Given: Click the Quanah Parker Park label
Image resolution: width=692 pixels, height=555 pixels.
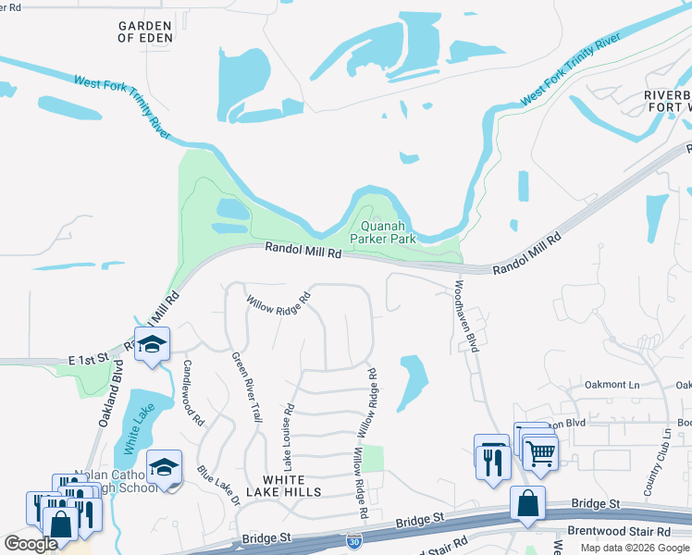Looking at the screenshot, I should coord(382,230).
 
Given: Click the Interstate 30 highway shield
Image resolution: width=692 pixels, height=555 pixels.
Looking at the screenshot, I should coord(354,539).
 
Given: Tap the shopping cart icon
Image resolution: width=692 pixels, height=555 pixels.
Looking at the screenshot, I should coord(539,453).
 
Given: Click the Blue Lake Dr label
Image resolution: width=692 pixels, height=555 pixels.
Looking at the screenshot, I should coord(217,486).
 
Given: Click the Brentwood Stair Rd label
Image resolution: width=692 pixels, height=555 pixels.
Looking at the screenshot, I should coord(625,532).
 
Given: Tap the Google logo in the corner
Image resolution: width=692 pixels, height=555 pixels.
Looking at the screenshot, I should coord(31,544).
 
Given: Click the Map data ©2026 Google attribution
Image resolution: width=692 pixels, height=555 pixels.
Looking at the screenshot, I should coord(635,548).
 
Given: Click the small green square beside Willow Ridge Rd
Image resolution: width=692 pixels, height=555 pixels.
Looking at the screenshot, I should coord(371,458).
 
